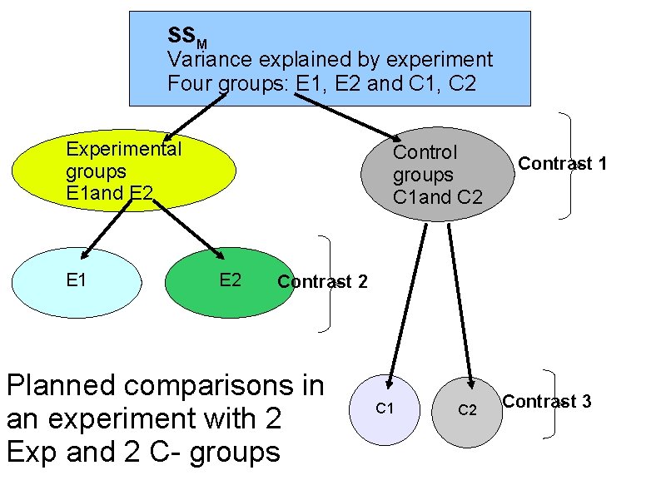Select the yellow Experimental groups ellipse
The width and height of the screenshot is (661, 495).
[x=123, y=171]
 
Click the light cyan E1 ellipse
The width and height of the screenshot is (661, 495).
[x=77, y=280]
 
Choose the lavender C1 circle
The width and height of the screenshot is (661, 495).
[x=385, y=408]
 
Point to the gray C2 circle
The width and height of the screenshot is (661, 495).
[x=467, y=409]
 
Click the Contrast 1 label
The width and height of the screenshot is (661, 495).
[x=562, y=164]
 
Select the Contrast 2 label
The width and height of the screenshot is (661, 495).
[x=322, y=281]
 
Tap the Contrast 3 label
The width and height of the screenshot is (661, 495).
[x=547, y=402]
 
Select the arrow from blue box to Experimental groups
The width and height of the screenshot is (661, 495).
[x=196, y=116]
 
